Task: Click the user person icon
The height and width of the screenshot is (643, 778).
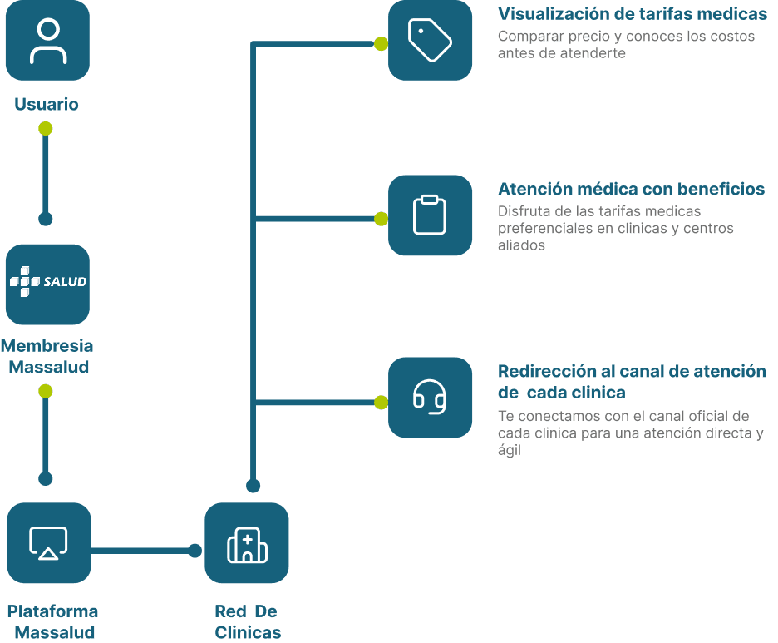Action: point(48,42)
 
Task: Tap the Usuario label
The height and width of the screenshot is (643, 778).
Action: point(47,104)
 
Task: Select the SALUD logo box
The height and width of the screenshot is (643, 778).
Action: point(47,284)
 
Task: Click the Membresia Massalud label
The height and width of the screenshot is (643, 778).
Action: point(47,356)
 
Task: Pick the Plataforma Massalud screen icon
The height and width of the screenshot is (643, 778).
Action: point(48,543)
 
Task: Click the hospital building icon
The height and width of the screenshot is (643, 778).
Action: point(247,545)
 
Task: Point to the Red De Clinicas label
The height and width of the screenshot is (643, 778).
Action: point(247,621)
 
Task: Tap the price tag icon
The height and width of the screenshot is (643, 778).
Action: point(430,40)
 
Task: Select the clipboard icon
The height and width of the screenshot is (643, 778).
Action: point(430,215)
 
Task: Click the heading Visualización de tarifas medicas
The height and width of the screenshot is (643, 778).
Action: point(633,14)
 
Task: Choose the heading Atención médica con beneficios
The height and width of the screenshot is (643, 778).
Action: point(631,189)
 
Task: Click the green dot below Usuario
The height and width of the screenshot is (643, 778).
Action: point(46,129)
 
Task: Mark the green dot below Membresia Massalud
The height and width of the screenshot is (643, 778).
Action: point(46,391)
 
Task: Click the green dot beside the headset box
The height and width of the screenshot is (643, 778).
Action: point(381,402)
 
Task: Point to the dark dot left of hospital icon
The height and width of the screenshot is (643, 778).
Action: point(195,551)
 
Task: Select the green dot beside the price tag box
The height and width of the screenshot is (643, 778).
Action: point(381,44)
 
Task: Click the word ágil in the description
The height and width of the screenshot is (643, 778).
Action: point(510,450)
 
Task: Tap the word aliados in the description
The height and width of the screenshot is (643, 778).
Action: point(521,245)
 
